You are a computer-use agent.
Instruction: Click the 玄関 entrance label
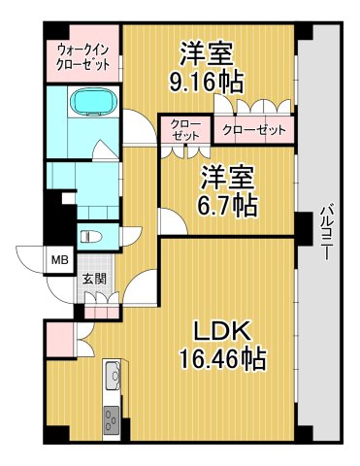pos(93,279)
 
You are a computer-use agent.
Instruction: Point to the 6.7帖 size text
pos(227,205)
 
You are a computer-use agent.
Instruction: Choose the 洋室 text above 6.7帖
pos(227,177)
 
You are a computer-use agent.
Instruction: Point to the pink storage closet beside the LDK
pos(58,339)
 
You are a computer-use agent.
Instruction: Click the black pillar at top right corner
pos(306,29)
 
